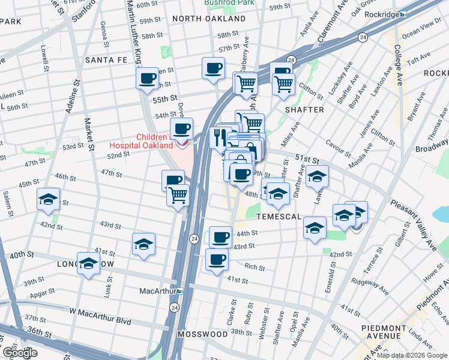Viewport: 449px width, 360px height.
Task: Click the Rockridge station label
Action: coord(378,13)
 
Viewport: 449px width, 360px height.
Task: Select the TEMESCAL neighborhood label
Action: coord(278,216)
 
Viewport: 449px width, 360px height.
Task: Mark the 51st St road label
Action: coord(306,157)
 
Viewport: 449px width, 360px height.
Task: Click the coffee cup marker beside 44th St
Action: coord(220,236)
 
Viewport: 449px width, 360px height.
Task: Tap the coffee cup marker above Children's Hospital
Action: coord(181,128)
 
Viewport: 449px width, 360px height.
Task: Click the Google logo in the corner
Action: coord(20,353)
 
